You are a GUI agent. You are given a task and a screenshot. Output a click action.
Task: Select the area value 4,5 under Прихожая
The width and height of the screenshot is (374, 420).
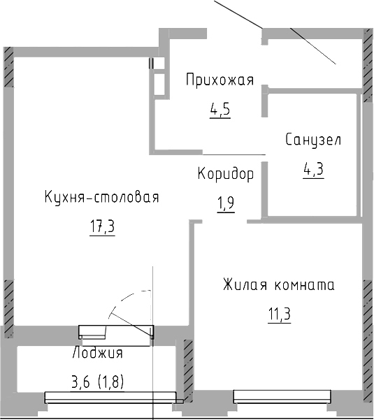[219, 110]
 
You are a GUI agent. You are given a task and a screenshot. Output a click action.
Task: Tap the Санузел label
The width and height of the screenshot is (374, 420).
[312, 140]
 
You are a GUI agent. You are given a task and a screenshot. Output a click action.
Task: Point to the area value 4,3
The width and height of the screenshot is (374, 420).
[312, 168]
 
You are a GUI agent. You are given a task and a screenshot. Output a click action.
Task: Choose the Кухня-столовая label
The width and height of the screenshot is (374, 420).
[101, 198]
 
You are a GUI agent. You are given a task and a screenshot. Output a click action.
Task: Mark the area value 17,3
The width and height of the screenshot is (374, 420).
[101, 227]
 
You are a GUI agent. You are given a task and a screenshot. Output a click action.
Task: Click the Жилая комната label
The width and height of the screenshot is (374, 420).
[279, 285]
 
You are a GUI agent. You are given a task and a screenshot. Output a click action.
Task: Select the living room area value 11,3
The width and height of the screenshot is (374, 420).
[279, 314]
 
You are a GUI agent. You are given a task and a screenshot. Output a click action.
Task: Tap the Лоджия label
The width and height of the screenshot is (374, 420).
[97, 353]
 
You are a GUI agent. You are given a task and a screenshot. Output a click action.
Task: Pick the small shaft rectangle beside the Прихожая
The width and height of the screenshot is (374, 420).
[160, 78]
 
